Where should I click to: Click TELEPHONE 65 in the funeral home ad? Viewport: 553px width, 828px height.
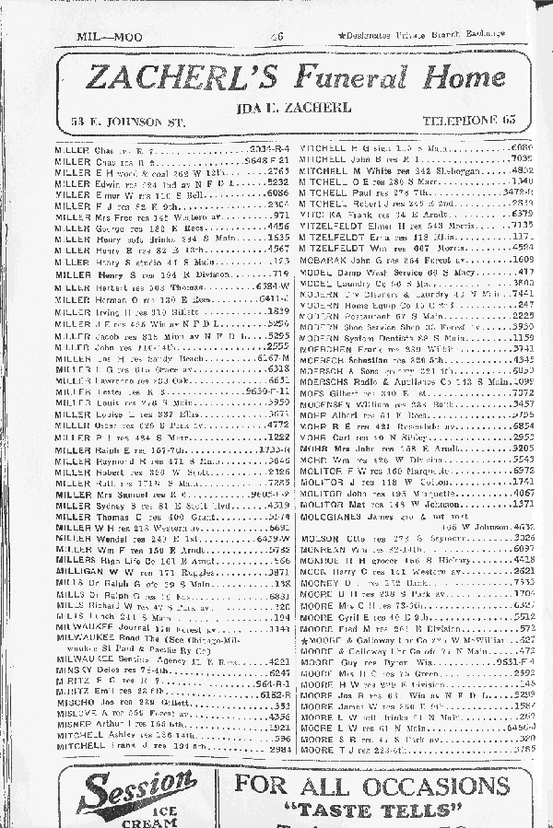point(468,122)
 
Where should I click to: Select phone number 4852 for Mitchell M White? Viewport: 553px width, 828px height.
point(522,170)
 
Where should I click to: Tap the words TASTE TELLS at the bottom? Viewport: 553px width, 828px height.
point(371,811)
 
